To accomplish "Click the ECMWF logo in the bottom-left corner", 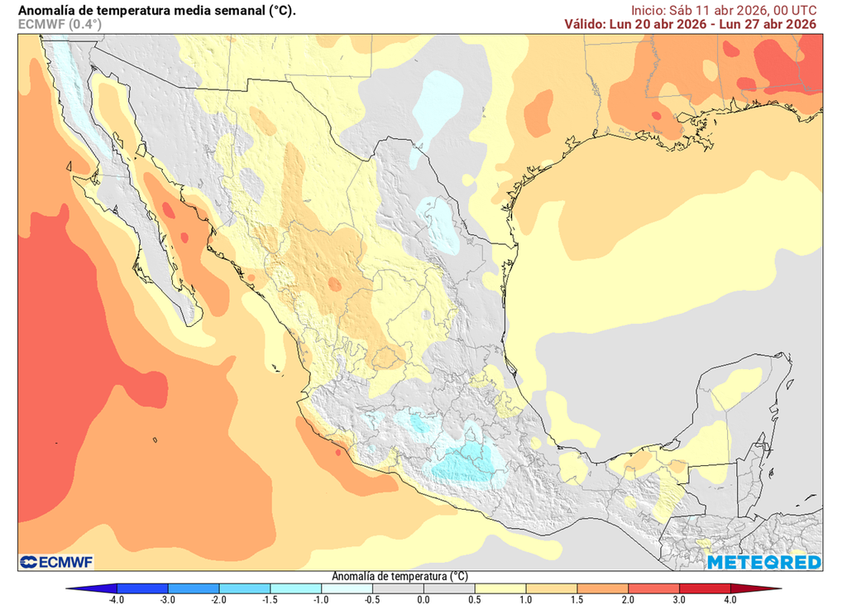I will pyautogui.click(x=56, y=562).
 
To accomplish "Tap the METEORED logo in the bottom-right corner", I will pyautogui.click(x=763, y=562).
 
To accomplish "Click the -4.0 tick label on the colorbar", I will pyautogui.click(x=116, y=599).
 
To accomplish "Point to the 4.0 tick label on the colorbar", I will pyautogui.click(x=730, y=599).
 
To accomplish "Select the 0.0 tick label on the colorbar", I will pyautogui.click(x=423, y=599).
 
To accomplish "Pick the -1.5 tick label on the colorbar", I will pyautogui.click(x=270, y=599).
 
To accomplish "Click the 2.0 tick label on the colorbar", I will pyautogui.click(x=628, y=599).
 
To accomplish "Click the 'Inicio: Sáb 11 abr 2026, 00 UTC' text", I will pyautogui.click(x=724, y=10).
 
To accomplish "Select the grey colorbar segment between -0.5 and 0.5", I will pyautogui.click(x=423, y=588).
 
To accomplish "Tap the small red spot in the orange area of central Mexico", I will pyautogui.click(x=334, y=284).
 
